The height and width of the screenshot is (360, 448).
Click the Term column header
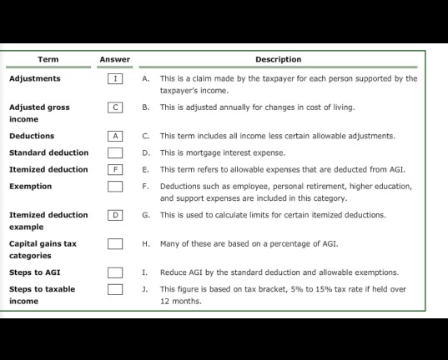[48, 59]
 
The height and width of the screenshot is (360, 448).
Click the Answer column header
[114, 59]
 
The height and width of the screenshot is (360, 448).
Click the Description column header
[278, 59]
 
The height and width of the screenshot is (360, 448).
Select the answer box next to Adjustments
[115, 79]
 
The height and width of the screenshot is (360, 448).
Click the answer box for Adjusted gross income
[115, 107]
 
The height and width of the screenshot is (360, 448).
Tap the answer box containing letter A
[115, 136]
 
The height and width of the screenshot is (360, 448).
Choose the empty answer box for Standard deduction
[115, 153]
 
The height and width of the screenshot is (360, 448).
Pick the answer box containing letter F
[115, 170]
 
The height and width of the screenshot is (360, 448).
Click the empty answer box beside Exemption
[115, 187]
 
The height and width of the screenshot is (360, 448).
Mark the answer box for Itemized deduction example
[115, 215]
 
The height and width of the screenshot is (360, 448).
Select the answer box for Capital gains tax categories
[115, 244]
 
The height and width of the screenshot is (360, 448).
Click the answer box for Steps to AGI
[115, 272]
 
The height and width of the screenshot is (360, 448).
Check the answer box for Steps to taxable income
[115, 289]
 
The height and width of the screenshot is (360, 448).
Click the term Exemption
[30, 187]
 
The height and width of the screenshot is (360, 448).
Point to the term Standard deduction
[48, 153]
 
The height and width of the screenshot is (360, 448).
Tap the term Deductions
[32, 136]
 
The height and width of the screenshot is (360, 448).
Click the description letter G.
[146, 215]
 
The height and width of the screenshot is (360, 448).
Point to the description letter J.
[146, 289]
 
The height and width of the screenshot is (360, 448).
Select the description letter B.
[146, 107]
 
